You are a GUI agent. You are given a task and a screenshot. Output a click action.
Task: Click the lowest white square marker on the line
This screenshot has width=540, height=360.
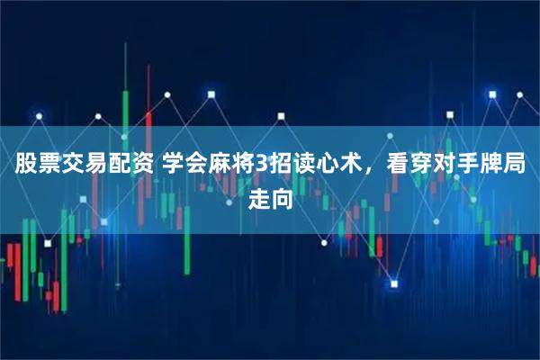tap(393, 284)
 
